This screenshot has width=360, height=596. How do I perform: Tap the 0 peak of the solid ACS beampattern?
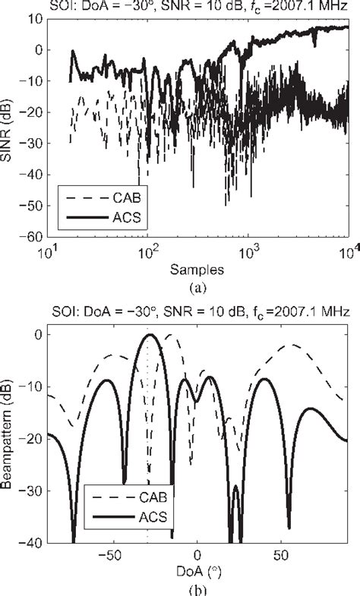(x=150, y=335)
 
